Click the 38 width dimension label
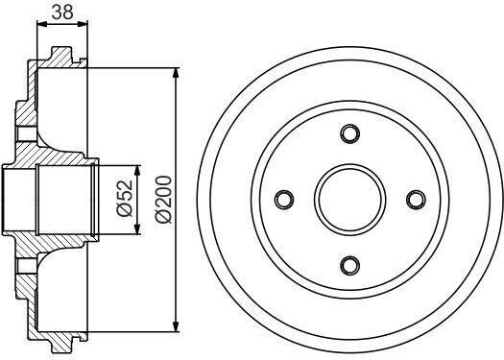pyautogui.click(x=62, y=12)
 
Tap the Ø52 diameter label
pyautogui.click(x=125, y=199)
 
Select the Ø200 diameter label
pyautogui.click(x=163, y=200)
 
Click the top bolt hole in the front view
pyautogui.click(x=350, y=133)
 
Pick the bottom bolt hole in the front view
pyautogui.click(x=350, y=266)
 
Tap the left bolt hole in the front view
pyautogui.click(x=284, y=200)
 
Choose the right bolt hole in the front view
pyautogui.click(x=416, y=200)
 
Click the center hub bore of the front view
pyautogui.click(x=350, y=200)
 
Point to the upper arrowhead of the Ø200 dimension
pyautogui.click(x=176, y=73)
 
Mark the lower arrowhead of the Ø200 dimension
pyautogui.click(x=176, y=326)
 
